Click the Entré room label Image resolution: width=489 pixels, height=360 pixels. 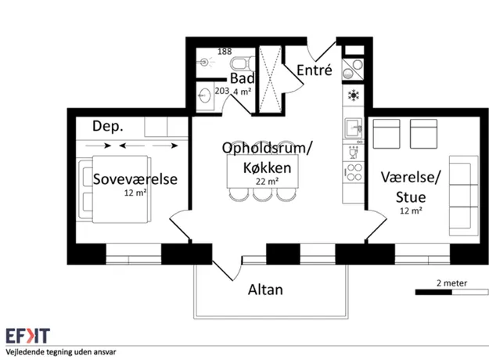(315, 70)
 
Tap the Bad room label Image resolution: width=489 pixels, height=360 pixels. (243, 78)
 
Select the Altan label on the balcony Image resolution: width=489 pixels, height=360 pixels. (265, 290)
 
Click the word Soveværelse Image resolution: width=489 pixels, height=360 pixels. (135, 179)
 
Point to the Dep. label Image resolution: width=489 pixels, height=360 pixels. (108, 126)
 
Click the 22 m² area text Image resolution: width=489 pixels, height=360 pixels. (268, 182)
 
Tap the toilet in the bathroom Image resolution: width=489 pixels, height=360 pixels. (243, 63)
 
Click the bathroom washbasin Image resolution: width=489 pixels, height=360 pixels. (204, 95)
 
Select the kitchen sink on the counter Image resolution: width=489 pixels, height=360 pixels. (354, 128)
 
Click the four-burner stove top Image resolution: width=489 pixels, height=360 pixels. (354, 172)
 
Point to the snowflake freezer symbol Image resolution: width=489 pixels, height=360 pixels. (354, 95)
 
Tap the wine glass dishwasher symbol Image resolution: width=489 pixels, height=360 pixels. (354, 153)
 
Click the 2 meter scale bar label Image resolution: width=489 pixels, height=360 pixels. (452, 283)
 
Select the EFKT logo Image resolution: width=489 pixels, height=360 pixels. (27, 336)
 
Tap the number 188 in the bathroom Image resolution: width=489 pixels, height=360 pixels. (225, 52)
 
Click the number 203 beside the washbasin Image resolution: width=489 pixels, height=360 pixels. (222, 91)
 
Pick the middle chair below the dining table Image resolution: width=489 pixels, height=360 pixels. (262, 194)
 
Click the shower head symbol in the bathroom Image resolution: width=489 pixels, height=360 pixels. (204, 62)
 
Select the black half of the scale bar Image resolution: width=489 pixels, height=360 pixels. (433, 293)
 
